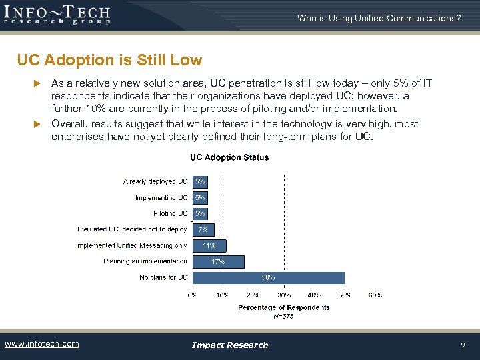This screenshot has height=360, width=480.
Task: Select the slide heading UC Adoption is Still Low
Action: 110,61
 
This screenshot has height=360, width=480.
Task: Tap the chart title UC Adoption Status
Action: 229,158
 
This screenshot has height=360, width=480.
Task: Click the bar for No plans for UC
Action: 268,277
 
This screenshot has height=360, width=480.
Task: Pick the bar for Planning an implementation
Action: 218,261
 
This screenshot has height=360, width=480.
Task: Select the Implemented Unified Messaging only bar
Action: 209,245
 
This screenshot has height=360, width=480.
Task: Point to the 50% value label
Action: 268,277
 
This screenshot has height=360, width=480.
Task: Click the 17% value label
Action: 218,262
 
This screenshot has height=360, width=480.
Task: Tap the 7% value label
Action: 203,229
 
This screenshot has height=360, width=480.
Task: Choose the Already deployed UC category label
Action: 155,181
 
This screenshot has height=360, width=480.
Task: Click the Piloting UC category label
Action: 171,213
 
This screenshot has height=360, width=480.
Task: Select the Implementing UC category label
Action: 161,197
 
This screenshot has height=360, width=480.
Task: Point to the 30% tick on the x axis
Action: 284,295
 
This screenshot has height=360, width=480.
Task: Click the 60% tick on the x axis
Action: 375,295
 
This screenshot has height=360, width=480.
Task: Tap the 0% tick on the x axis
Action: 193,295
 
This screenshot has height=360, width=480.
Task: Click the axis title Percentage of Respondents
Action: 284,307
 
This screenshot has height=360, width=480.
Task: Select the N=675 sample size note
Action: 284,316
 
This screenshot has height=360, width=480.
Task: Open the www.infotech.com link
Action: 42,344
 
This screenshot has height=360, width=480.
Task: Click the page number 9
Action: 463,345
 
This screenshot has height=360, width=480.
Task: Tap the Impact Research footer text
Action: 230,345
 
